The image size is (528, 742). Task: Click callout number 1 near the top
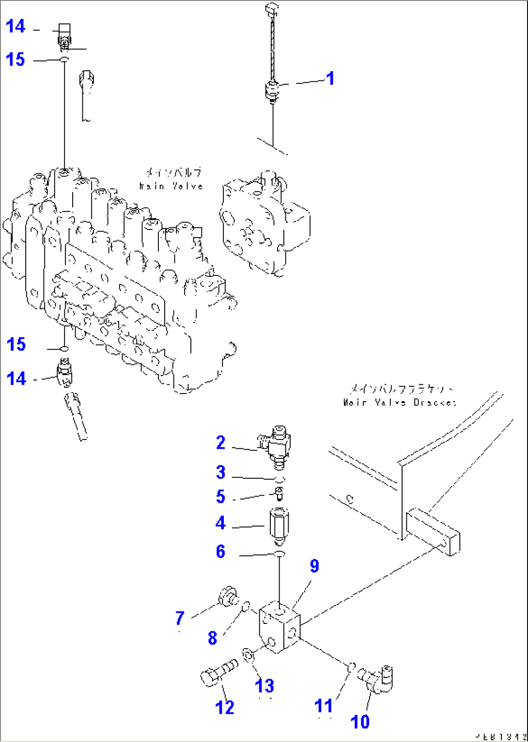(x=330, y=78)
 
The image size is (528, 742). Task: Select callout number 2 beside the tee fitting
(x=221, y=442)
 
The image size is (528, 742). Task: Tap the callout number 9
(x=314, y=566)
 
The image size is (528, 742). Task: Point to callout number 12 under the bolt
(x=225, y=707)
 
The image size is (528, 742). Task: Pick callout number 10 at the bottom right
(x=360, y=721)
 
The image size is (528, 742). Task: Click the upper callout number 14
(x=16, y=26)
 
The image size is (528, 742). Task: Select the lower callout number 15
(x=16, y=345)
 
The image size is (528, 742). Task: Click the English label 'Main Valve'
(x=171, y=186)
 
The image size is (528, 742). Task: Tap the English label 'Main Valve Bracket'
(x=400, y=402)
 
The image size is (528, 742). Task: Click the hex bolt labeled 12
(x=217, y=673)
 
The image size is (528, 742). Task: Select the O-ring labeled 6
(x=280, y=554)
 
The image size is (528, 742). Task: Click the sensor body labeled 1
(x=272, y=91)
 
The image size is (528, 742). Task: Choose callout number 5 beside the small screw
(x=221, y=497)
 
